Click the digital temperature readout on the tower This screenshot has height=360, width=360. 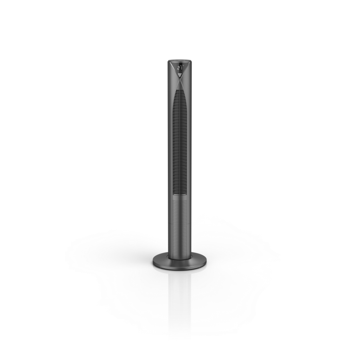180,67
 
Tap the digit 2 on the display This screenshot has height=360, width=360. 178,67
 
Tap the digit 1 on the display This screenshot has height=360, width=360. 181,67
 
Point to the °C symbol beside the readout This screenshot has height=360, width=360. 183,66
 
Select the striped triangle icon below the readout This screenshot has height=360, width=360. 180,75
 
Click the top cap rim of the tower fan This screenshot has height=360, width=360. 180,60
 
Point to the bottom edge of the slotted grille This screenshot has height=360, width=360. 180,196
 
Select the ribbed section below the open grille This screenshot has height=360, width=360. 180,211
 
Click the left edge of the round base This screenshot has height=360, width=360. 154,262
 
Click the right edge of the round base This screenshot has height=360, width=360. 206,262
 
